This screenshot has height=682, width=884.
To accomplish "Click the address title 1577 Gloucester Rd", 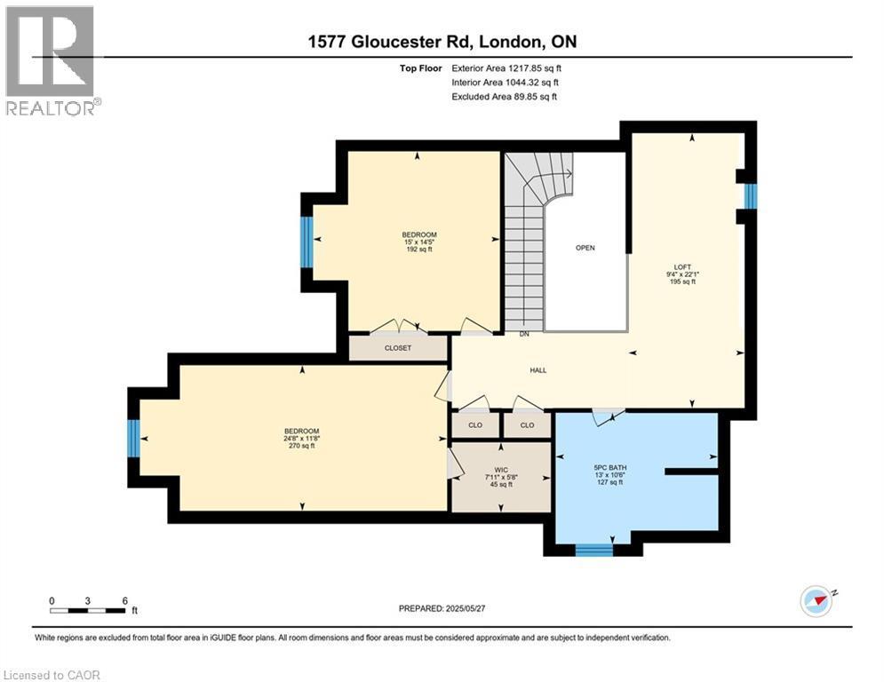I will click(442, 42).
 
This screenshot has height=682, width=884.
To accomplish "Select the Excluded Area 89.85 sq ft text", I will click(504, 97).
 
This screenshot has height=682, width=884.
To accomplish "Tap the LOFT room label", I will click(683, 266).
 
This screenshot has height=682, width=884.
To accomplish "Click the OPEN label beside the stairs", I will click(585, 248).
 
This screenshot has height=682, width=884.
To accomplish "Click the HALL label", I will click(538, 370).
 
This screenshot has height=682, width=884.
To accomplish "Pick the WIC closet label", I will click(501, 470).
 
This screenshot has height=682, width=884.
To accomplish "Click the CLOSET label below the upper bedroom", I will click(398, 348).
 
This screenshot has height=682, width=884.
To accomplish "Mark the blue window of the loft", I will click(750, 195).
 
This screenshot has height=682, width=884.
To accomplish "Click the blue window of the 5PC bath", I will click(593, 550).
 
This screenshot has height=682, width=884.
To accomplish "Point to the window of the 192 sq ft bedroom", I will click(307, 242).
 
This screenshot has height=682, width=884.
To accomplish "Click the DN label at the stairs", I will click(525, 335).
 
